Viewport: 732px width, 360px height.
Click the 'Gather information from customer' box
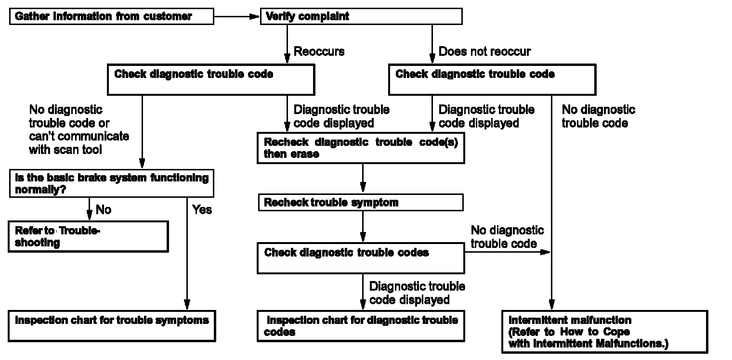[x=111, y=17]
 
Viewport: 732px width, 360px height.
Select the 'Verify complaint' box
[x=361, y=17]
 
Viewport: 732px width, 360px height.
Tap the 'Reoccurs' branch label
[x=319, y=51]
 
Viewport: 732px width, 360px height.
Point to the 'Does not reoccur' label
[x=484, y=51]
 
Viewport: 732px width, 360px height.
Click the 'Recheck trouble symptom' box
[x=361, y=203]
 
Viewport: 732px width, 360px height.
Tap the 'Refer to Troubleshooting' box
[x=88, y=236]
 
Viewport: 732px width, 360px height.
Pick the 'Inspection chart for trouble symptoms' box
[x=112, y=326]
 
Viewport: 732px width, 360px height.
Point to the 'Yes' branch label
[x=202, y=210]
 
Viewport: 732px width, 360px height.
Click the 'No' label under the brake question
[x=104, y=209]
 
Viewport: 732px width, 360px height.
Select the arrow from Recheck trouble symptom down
[x=363, y=227]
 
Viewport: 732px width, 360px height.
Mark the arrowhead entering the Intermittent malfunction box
[x=551, y=305]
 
